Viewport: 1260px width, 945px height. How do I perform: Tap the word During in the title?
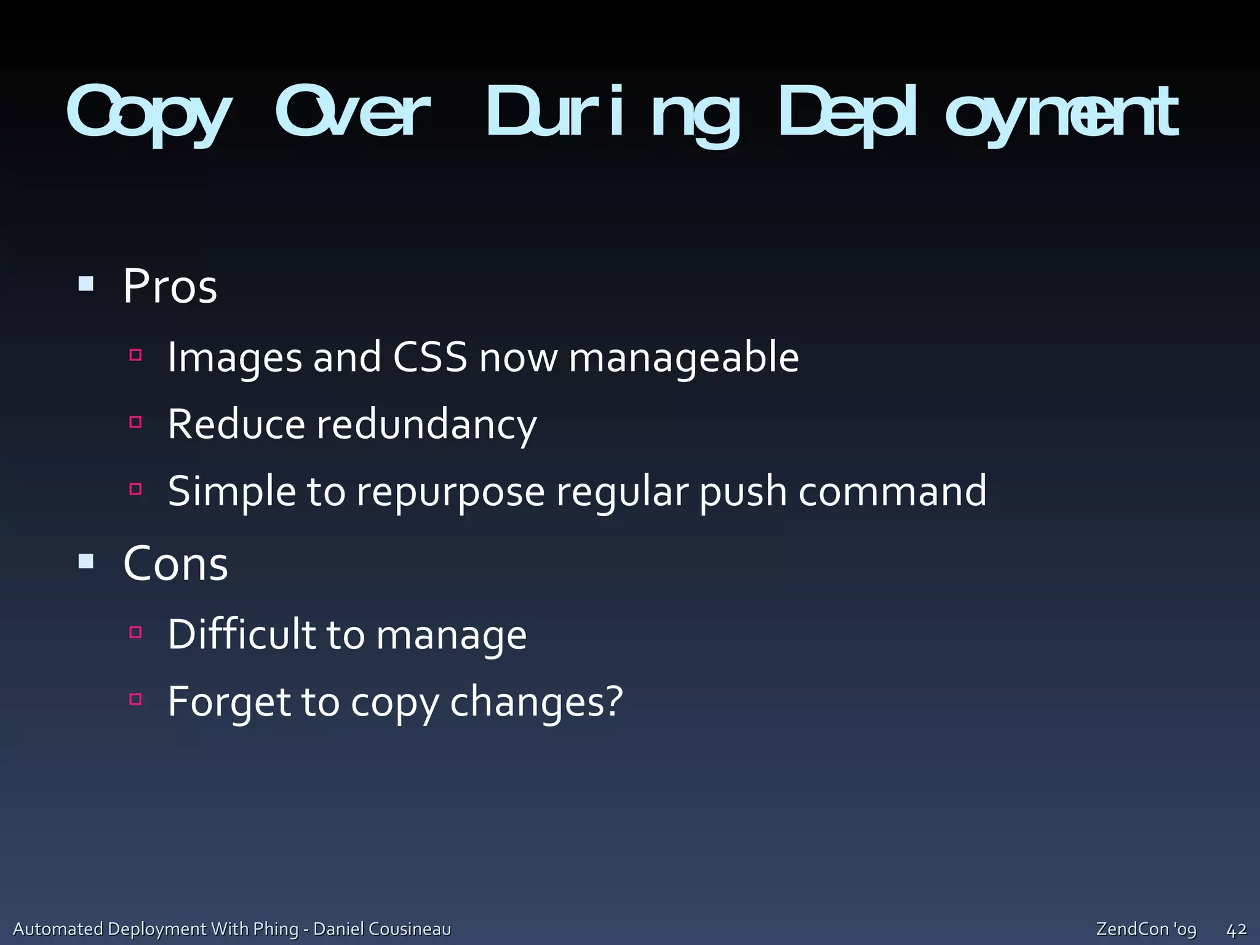[612, 114]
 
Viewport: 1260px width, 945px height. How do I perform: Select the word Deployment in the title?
[978, 114]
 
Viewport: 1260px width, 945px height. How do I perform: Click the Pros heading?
[170, 287]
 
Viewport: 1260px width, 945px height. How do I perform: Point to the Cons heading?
[176, 564]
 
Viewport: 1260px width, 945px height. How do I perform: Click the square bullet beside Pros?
[86, 284]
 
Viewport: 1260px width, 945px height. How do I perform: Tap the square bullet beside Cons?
[86, 561]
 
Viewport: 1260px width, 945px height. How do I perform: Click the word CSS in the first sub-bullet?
[430, 357]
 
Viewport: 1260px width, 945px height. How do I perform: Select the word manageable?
[684, 358]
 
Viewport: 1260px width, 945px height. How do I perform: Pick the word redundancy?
[426, 425]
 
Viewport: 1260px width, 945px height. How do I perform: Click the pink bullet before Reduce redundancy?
[136, 422]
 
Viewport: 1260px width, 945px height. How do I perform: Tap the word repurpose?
[450, 492]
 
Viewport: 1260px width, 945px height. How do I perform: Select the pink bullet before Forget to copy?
[136, 699]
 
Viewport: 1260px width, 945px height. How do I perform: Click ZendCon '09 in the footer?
[1146, 929]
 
